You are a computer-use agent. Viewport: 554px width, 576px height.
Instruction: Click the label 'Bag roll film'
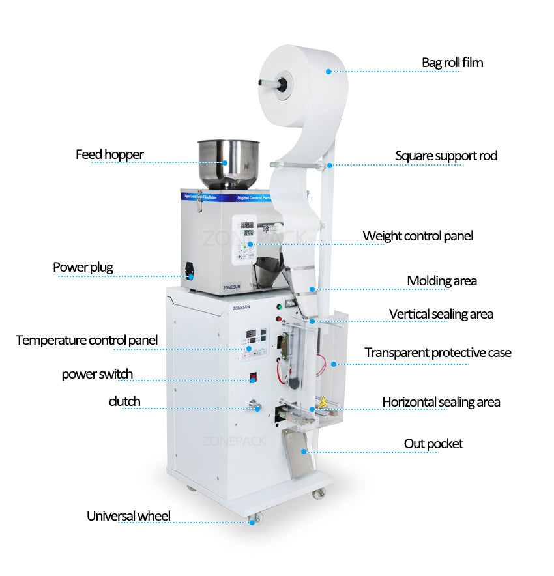452,63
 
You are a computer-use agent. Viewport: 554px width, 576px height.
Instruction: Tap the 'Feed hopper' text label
109,155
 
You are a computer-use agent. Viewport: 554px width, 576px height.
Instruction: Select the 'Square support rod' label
446,156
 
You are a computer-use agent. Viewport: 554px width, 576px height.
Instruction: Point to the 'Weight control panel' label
418,236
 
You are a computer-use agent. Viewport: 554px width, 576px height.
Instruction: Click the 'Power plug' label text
83,267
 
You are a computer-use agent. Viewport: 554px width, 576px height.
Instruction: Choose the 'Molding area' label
442,281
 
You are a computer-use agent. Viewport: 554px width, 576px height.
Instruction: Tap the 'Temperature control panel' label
87,340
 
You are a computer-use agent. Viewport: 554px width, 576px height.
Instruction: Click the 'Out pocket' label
433,444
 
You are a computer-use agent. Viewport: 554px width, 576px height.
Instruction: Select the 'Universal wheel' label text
128,516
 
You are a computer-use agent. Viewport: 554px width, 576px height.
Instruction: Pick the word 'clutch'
124,401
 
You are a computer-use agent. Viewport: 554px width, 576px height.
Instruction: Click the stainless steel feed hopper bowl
228,160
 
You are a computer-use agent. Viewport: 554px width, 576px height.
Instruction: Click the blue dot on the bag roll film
328,71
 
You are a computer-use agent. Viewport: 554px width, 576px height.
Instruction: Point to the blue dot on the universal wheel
252,521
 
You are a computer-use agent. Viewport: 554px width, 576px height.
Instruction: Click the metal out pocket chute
297,453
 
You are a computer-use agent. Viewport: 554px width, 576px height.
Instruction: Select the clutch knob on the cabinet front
256,407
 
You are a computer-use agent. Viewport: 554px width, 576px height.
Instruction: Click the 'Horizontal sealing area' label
441,402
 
